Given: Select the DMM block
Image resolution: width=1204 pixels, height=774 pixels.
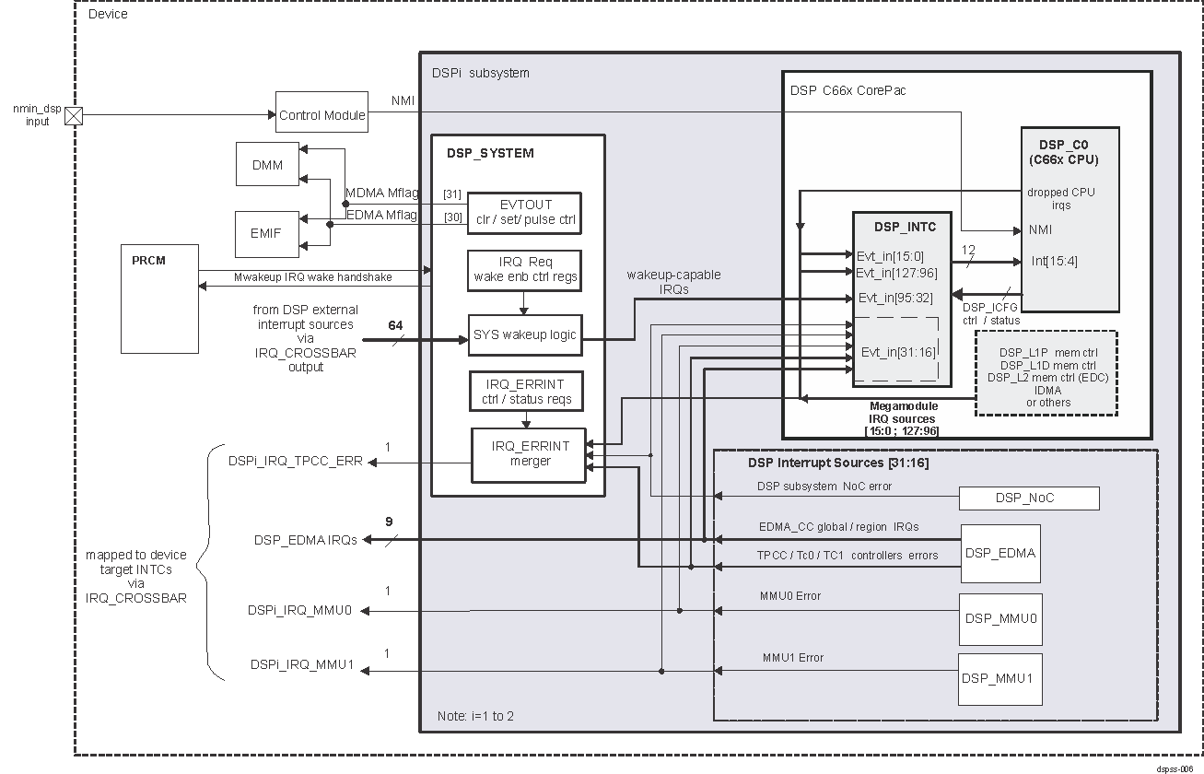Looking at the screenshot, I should tap(267, 166).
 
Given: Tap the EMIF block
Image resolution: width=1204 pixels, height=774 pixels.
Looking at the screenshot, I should tap(267, 232).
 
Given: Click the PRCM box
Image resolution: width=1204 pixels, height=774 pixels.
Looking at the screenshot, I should tap(159, 299).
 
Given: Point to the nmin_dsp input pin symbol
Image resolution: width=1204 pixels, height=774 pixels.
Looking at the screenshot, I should tap(75, 115).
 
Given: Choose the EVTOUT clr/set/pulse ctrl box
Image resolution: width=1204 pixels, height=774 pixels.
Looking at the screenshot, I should tap(524, 213).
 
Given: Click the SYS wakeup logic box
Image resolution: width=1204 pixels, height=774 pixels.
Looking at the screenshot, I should tap(524, 334).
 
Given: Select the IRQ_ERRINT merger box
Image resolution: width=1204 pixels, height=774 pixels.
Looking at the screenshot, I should tap(530, 453).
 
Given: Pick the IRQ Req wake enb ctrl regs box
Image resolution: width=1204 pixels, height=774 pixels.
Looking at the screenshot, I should tap(524, 269).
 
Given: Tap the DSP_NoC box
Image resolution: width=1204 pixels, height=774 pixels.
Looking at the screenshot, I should tap(1029, 498).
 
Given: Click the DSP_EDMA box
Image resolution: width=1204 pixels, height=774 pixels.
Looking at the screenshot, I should tap(999, 553).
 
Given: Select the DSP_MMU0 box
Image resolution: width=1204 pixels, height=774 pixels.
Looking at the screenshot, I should tap(1000, 617).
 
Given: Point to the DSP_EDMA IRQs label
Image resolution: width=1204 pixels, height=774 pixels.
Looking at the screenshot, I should tap(305, 540).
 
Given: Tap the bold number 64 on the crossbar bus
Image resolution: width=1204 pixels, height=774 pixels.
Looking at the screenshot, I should tap(395, 325).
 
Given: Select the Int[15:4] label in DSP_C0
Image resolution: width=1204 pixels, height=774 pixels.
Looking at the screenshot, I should tap(1054, 261).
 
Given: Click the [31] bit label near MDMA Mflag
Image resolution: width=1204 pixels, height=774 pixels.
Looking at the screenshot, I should tap(451, 193).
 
